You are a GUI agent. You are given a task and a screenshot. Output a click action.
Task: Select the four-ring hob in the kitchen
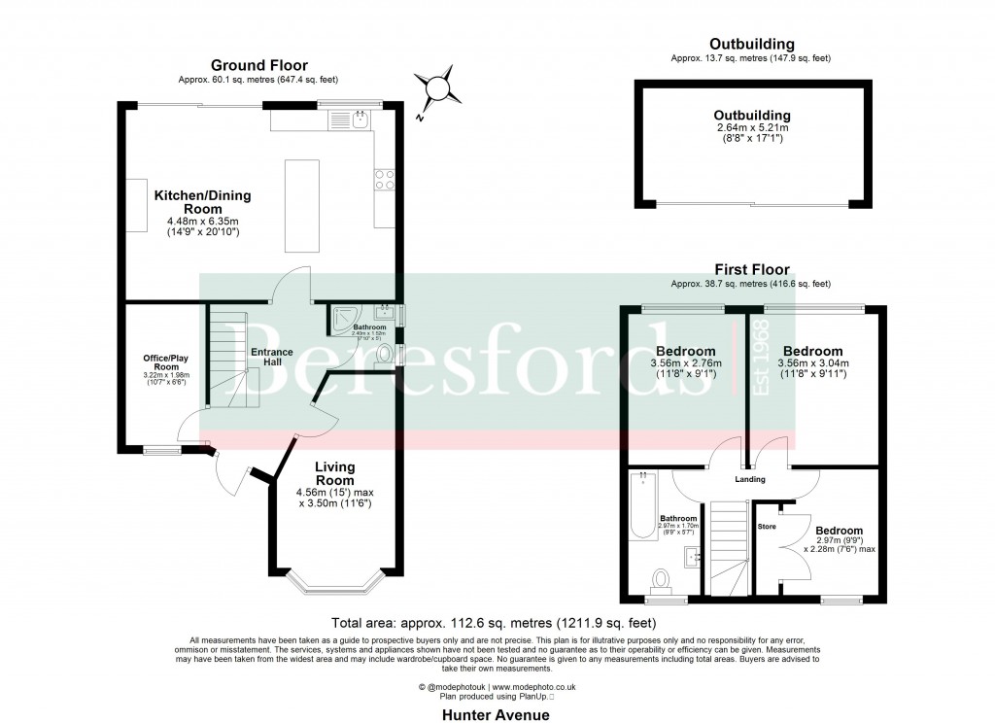[384, 180]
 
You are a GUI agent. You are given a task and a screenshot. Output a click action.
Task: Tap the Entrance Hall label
[266, 357]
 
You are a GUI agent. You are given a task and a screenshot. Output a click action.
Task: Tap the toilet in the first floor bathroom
[662, 580]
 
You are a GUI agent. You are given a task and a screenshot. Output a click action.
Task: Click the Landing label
[750, 479]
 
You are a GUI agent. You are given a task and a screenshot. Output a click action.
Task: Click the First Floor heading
[751, 270]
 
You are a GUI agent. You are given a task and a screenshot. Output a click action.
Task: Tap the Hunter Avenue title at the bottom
[497, 714]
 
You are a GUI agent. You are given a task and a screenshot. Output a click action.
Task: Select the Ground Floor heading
[254, 66]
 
